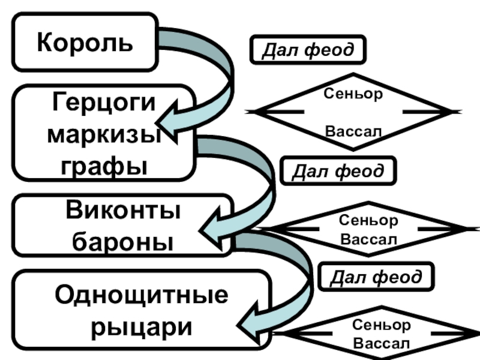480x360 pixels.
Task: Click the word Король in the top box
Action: pyautogui.click(x=85, y=43)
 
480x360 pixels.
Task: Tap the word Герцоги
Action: pyautogui.click(x=104, y=103)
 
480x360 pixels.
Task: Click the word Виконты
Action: pyautogui.click(x=124, y=211)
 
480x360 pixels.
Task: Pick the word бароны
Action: pyautogui.click(x=123, y=242)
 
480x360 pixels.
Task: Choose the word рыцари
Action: pyautogui.click(x=142, y=328)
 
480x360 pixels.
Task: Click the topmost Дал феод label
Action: pyautogui.click(x=308, y=50)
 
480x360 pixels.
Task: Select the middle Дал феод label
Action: pyautogui.click(x=338, y=171)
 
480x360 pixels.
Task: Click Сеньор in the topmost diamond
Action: pyautogui.click(x=353, y=94)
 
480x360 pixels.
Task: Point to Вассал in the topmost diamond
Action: pyautogui.click(x=353, y=131)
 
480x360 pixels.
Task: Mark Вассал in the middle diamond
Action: pyautogui.click(x=368, y=239)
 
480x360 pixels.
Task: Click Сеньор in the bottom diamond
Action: pyautogui.click(x=382, y=325)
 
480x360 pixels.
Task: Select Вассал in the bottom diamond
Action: pyautogui.click(x=382, y=344)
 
